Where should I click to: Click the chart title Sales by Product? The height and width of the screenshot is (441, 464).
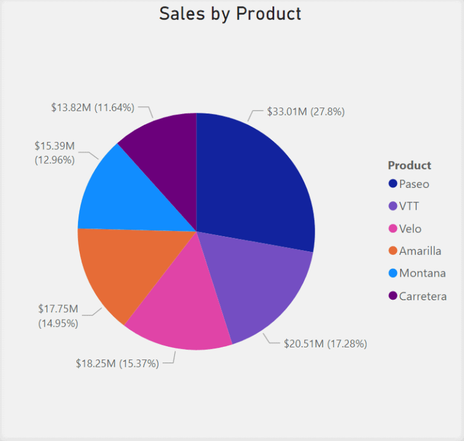pos(230,13)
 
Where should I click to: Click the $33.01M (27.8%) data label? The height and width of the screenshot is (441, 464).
pos(306,111)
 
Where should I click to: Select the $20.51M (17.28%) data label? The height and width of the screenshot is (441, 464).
pos(325,344)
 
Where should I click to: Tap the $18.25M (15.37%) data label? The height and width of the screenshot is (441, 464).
pos(117,363)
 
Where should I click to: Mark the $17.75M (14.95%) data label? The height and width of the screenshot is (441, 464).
pos(58,315)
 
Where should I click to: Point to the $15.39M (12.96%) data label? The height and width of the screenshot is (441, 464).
pos(54,153)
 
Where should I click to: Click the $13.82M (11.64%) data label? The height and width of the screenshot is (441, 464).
pos(92,108)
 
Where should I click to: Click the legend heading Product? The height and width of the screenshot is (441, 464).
pos(410,165)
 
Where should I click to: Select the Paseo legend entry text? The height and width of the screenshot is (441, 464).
pos(414,184)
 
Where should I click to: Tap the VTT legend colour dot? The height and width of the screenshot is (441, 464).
pos(393,206)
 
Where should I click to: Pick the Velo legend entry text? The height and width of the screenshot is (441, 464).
pos(410,228)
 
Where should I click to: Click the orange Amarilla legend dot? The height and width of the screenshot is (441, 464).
pos(393,251)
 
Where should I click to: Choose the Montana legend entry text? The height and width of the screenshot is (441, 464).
pos(422,273)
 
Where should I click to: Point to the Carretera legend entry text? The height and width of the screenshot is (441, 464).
pos(423,296)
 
